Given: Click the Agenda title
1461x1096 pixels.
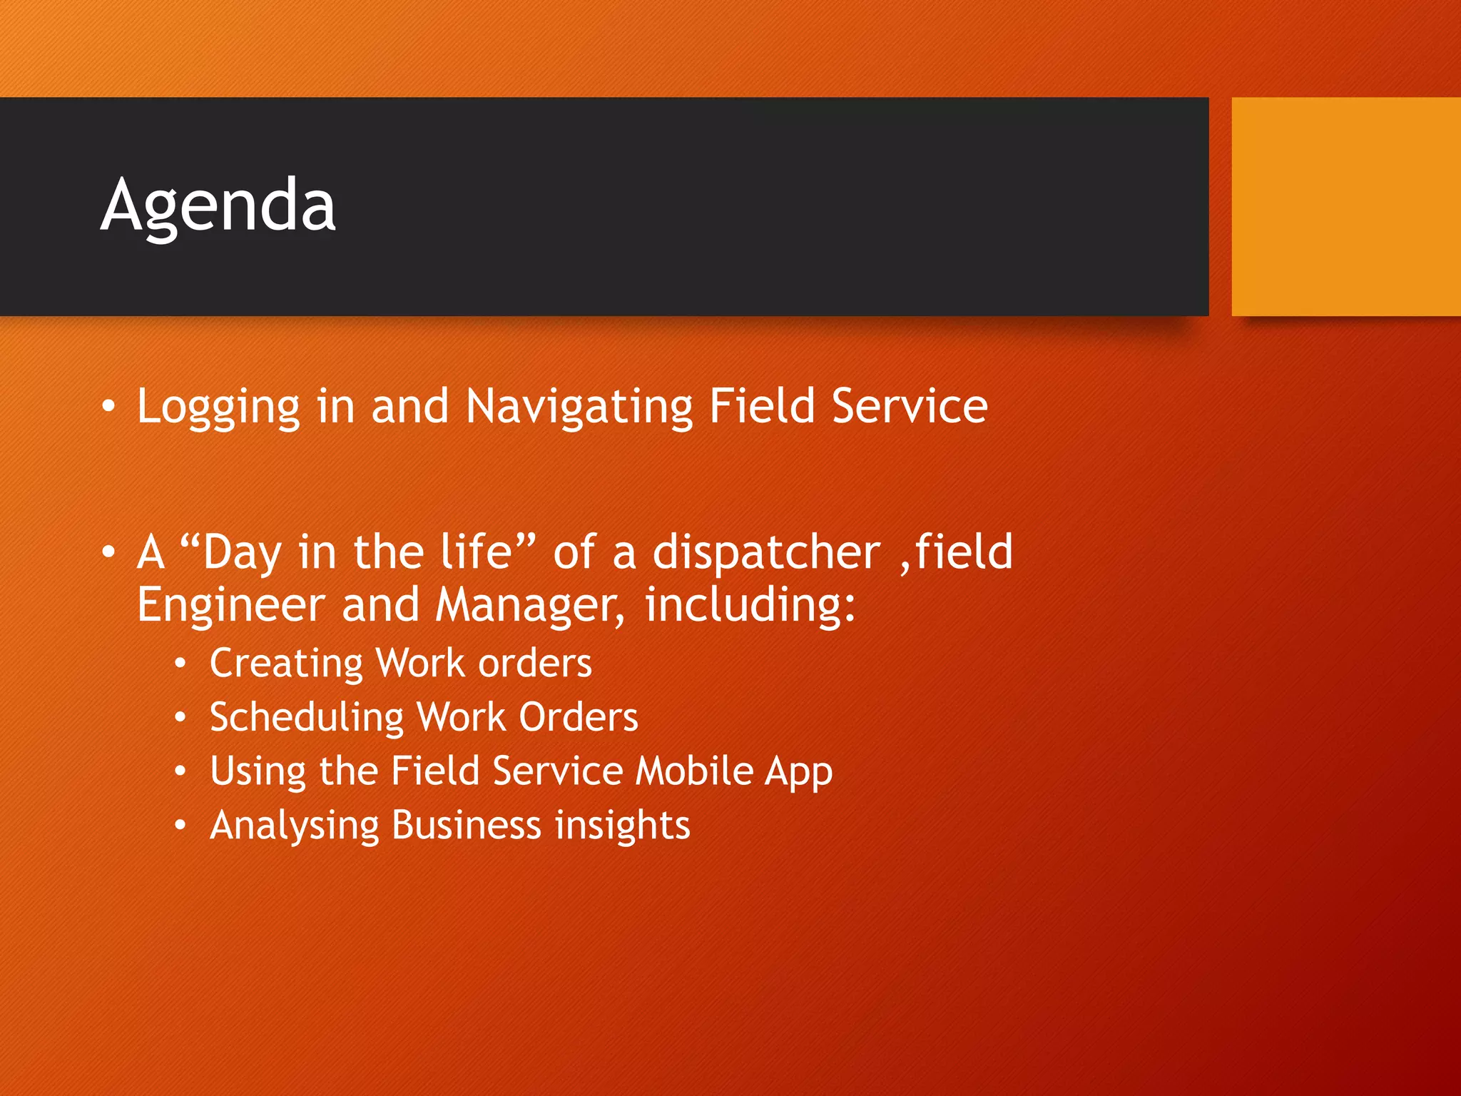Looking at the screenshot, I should (218, 205).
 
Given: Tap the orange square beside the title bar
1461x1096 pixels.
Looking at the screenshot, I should (1345, 206).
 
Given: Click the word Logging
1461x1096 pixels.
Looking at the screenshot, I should (218, 407).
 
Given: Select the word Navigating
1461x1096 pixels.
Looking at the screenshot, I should (579, 407).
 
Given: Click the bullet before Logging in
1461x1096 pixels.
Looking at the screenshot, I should (108, 406).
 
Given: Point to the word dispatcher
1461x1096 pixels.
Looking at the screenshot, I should (767, 553).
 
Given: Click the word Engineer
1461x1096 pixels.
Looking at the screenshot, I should (230, 605).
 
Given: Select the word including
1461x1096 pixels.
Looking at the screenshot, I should (749, 605).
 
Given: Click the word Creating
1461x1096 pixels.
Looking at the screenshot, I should (286, 664).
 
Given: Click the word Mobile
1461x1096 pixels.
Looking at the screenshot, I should (693, 771).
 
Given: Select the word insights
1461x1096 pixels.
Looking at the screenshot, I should (622, 826).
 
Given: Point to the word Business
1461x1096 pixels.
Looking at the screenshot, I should (467, 826).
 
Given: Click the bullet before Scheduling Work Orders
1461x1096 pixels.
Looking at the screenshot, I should (180, 717).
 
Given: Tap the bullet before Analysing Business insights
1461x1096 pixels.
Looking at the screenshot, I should (180, 826).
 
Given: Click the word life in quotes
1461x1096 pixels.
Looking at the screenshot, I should (484, 553).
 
